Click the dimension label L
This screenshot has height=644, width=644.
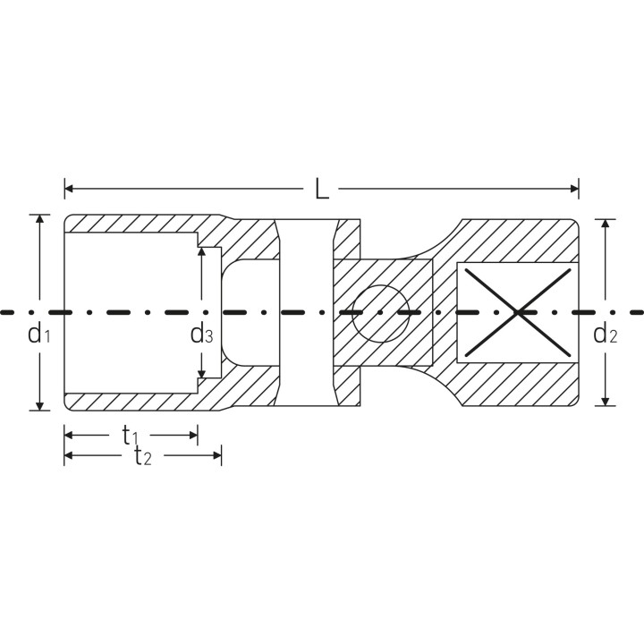tap(322, 190)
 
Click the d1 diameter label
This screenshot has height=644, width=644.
tap(39, 334)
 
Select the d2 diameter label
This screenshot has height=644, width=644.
tap(605, 334)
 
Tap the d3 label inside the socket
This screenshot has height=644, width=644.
tap(201, 334)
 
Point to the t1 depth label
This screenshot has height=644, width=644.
tap(130, 436)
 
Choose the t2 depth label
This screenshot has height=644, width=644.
tap(143, 456)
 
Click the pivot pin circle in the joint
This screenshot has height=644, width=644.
tap(381, 313)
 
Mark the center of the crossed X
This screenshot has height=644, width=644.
tap(518, 312)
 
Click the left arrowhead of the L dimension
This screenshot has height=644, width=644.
tap(69, 189)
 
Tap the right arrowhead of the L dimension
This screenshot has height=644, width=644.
tap(574, 189)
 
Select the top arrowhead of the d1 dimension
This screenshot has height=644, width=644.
tap(39, 218)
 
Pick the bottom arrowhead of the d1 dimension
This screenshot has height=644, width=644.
tap(39, 406)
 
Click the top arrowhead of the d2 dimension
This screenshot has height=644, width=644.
tap(605, 224)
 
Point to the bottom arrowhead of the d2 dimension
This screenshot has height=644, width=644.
tap(605, 402)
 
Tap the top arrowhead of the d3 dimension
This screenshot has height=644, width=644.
tap(201, 251)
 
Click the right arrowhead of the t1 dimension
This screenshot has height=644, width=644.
tap(193, 435)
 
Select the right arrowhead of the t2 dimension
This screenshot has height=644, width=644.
tap(216, 455)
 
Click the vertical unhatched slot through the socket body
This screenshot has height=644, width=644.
tap(307, 312)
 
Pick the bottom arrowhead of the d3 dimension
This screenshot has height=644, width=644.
tap(201, 373)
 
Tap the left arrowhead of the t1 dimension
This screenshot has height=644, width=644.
tap(69, 435)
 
